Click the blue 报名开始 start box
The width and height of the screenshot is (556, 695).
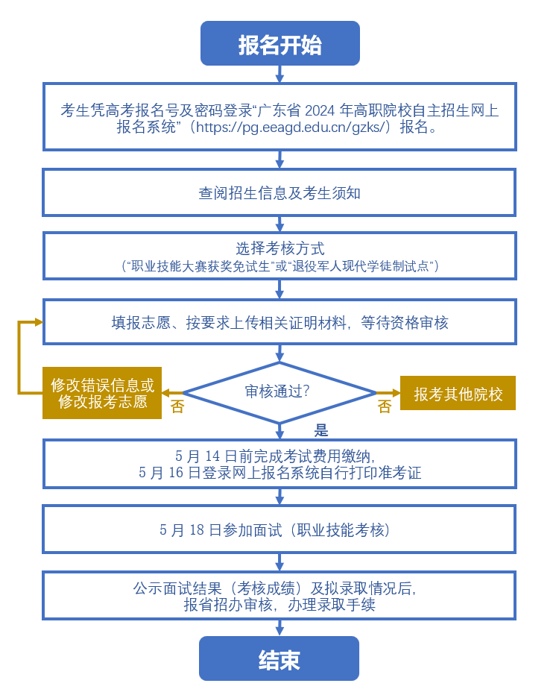(280, 43)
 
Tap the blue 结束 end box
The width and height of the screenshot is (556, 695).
(279, 658)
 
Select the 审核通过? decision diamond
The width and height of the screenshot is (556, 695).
(279, 393)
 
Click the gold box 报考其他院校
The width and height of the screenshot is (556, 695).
(458, 393)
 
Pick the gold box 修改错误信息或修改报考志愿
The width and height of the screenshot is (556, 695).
(102, 393)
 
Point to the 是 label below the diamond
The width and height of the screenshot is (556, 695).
(321, 430)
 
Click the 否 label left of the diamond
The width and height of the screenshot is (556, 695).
(177, 406)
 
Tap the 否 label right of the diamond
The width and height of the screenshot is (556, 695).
(385, 406)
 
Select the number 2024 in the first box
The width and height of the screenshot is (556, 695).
(320, 110)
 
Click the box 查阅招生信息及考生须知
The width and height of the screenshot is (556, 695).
(279, 193)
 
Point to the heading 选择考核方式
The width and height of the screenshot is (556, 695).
(280, 248)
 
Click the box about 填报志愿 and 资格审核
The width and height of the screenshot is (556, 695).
(279, 322)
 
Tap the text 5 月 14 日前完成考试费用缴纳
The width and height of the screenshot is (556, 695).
(276, 456)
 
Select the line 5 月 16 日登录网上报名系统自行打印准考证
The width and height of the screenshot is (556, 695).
(280, 473)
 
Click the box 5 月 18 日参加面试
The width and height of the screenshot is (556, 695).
(279, 529)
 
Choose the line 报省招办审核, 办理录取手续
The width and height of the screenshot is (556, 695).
(279, 605)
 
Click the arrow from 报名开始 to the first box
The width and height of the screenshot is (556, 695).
(279, 74)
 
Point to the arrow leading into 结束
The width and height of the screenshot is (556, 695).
(279, 628)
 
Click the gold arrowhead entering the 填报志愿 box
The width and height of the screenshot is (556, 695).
(39, 322)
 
